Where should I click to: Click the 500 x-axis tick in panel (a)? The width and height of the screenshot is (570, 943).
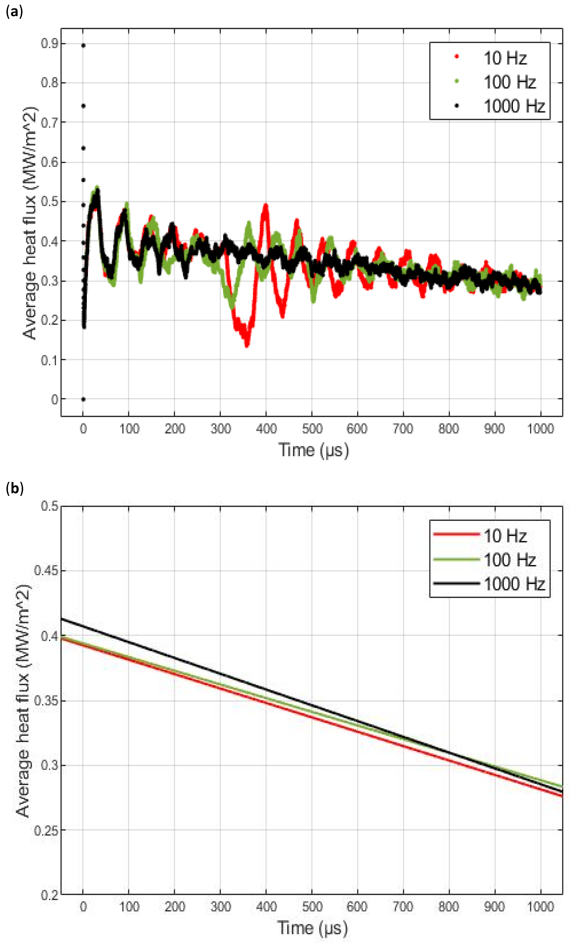(x=312, y=429)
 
